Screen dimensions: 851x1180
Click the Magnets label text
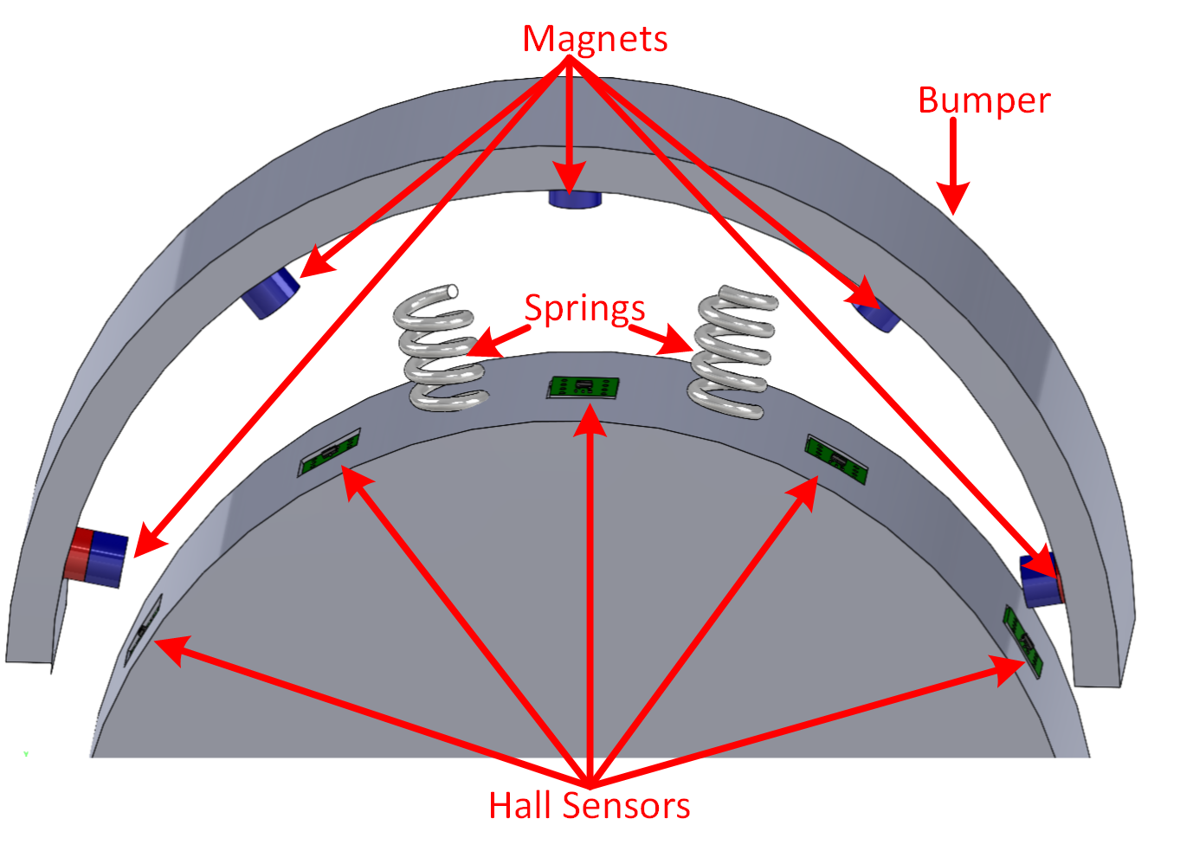point(595,39)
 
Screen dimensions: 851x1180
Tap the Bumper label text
point(983,100)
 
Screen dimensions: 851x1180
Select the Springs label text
point(584,308)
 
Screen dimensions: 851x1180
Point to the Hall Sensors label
point(589,805)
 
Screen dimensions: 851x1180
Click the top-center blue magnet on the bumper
point(574,199)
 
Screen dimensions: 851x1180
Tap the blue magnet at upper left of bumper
point(271,293)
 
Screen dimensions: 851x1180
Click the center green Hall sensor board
point(584,387)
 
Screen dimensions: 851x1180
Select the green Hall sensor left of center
point(329,453)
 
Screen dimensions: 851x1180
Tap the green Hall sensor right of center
point(835,459)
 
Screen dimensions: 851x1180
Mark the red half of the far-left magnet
point(80,554)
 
